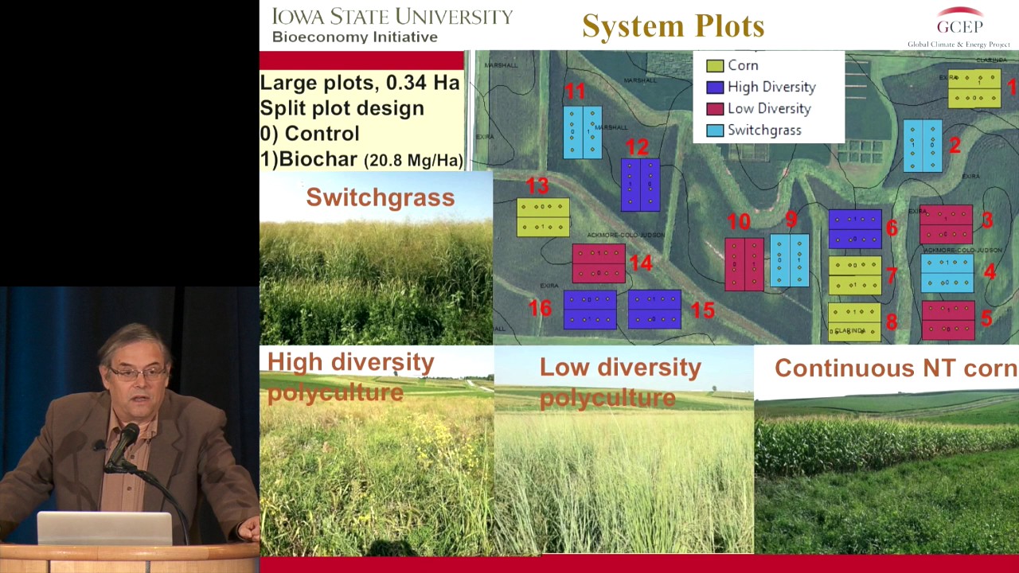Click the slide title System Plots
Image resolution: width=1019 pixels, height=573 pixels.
[673, 25]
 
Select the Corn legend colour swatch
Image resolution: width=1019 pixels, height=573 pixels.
[715, 66]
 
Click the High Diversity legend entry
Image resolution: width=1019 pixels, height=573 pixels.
[771, 87]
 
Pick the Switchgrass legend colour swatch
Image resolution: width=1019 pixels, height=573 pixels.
[715, 131]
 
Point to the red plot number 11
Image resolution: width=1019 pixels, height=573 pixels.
[574, 92]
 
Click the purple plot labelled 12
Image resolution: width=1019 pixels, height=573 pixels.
[640, 185]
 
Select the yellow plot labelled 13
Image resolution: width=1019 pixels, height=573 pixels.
[543, 217]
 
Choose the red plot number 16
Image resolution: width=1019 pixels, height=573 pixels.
[540, 308]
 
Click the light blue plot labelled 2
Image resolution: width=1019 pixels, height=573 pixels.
[923, 146]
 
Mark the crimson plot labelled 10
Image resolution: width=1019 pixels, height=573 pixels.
[744, 263]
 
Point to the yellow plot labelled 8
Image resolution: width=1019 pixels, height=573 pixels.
[854, 322]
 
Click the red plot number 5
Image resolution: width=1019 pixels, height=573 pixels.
[986, 318]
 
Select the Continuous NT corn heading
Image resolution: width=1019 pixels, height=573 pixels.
[895, 368]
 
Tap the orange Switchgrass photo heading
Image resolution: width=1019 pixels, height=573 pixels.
[380, 197]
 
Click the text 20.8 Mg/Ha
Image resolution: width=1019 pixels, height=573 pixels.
[412, 160]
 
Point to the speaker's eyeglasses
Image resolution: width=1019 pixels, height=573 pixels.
[137, 372]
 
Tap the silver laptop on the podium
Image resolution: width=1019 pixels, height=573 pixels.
[104, 528]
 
